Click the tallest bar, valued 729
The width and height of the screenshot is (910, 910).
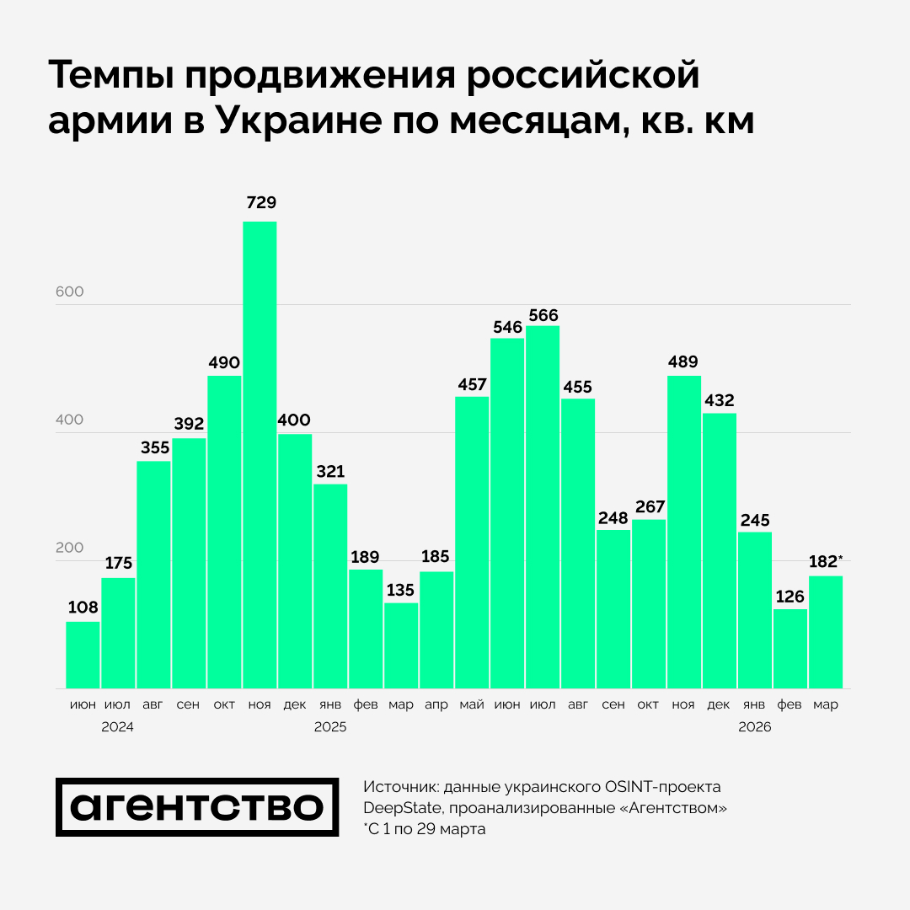tap(260, 455)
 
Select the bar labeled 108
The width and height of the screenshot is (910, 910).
tap(83, 655)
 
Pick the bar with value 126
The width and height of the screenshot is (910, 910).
tap(790, 649)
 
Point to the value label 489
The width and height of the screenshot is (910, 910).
tap(683, 362)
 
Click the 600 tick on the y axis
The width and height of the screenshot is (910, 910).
tap(70, 292)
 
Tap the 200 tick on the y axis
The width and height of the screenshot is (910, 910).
tap(70, 548)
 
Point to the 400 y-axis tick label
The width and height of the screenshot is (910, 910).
tap(70, 420)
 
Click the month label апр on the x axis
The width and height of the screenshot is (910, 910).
tap(436, 704)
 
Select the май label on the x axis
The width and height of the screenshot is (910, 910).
tap(471, 704)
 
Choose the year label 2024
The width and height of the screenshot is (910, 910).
tap(117, 726)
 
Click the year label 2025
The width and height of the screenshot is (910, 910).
tap(329, 726)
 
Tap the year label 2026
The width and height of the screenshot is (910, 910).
tap(754, 726)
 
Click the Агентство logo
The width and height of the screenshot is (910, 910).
tap(197, 807)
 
